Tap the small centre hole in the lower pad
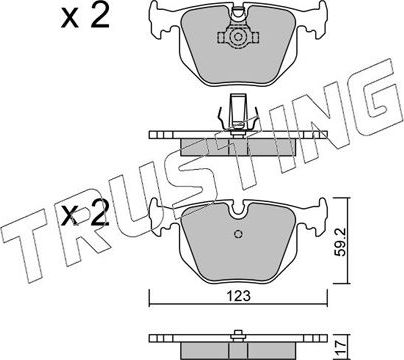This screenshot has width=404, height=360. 236,236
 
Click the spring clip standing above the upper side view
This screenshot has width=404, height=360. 236,113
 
